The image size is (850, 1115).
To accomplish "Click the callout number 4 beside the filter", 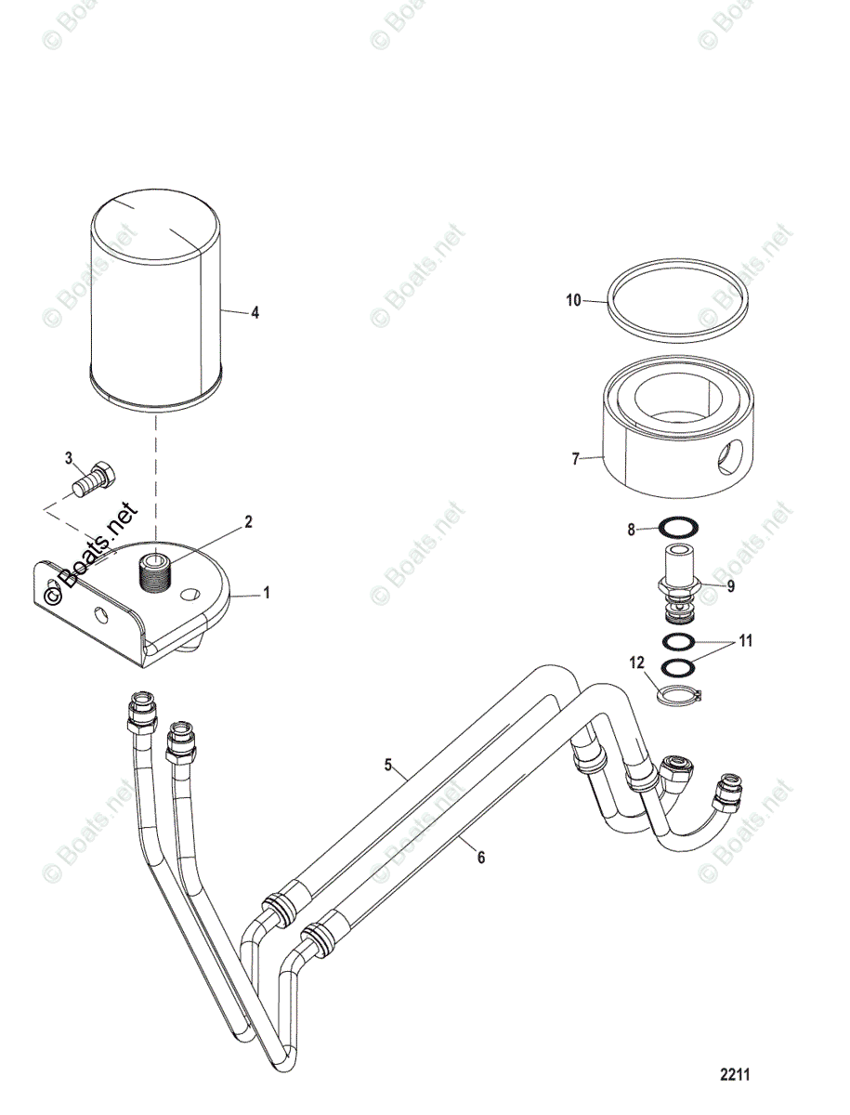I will [255, 313].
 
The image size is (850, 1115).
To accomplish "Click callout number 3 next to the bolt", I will [68, 458].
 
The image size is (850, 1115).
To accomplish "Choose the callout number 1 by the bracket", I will [268, 592].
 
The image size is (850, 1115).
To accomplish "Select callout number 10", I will [573, 300].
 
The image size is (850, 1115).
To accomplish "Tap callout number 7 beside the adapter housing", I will [575, 459].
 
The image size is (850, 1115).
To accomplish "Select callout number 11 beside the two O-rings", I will [746, 642].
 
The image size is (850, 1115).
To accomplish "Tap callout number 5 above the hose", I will [389, 766].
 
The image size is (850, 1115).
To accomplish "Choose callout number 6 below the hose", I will [480, 858].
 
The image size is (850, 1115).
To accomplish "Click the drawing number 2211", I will [735, 1075].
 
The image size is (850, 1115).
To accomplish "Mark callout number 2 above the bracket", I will [248, 522].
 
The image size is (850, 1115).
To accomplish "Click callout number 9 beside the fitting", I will [730, 587].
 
